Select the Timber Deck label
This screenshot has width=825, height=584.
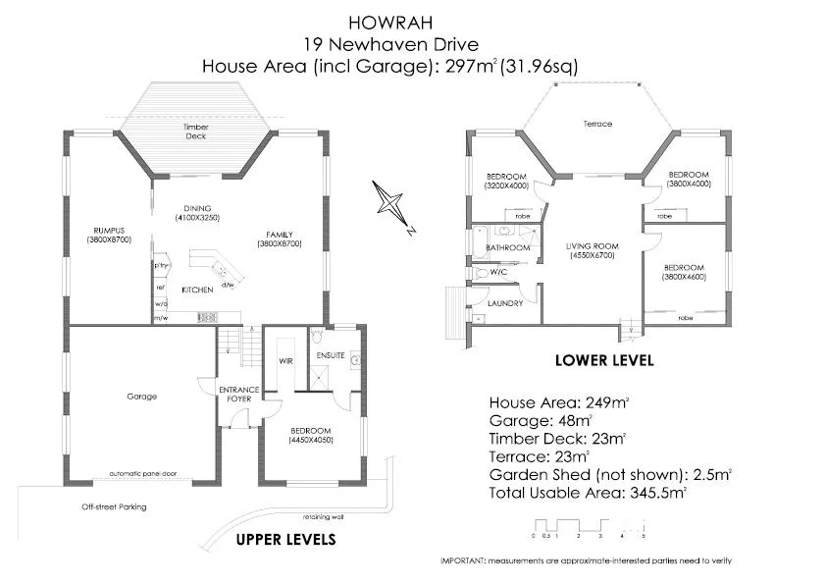click(196, 132)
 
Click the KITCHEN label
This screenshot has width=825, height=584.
click(197, 291)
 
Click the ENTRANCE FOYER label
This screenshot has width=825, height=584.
click(238, 395)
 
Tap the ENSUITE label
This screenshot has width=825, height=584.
click(331, 355)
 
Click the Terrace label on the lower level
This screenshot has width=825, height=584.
click(597, 124)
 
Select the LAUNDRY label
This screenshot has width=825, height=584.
click(504, 303)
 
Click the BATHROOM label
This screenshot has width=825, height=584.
click(508, 248)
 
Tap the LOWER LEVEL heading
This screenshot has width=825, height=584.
click(603, 360)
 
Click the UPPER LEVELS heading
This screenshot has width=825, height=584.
click(286, 539)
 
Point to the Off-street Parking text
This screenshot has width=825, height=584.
click(114, 507)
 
